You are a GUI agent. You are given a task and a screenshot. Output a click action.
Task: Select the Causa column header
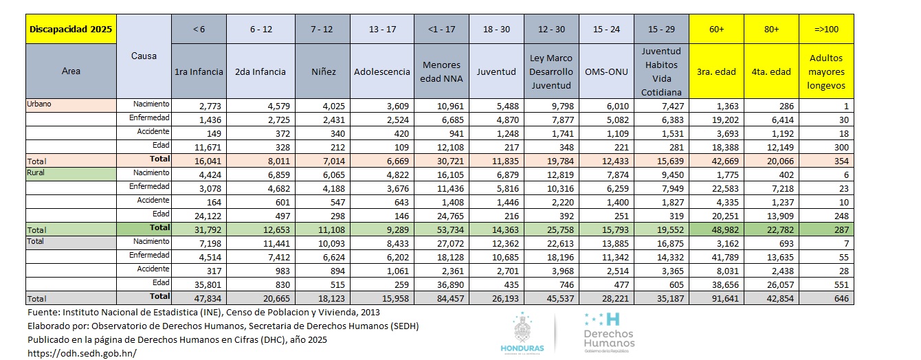tap(144, 56)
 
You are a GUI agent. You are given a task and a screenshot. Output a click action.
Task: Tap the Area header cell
tap(71, 71)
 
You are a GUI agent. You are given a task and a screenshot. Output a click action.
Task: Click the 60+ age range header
tap(716, 30)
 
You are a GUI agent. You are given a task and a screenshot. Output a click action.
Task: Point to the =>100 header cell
tap(825, 30)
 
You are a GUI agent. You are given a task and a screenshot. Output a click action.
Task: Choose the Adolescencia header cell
tap(381, 71)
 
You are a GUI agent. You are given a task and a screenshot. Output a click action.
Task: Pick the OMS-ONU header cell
tap(606, 71)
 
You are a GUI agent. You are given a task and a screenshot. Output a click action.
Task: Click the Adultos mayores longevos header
tap(825, 71)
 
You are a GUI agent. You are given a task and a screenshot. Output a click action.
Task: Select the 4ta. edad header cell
tap(771, 71)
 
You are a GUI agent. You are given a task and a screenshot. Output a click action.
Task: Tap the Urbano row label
tap(40, 104)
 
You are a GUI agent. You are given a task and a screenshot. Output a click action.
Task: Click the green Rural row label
tap(36, 173)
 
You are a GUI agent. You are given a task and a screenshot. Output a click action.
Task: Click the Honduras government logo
tap(522, 333)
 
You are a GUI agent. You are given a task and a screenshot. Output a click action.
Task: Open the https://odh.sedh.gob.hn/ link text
tap(81, 352)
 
